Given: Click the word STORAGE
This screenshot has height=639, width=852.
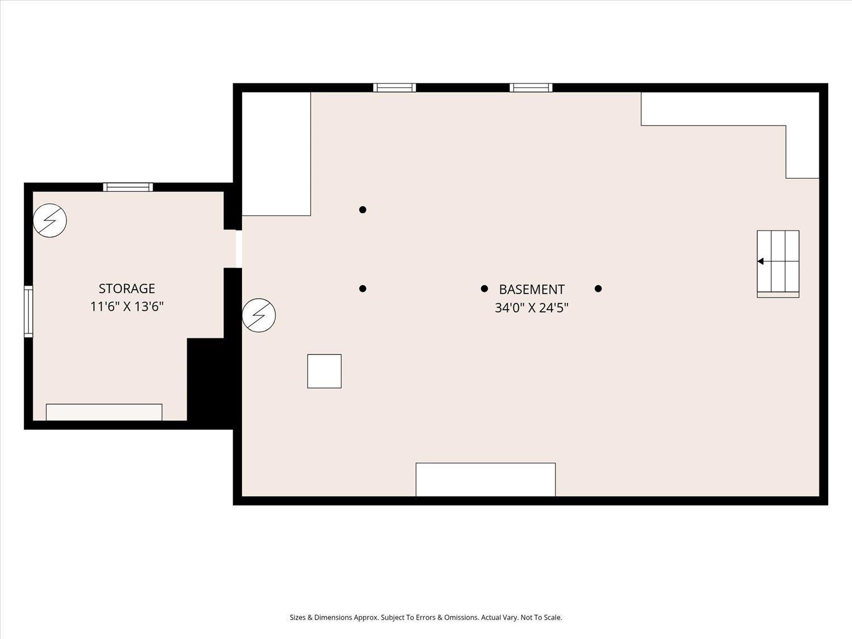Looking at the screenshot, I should click(x=127, y=289).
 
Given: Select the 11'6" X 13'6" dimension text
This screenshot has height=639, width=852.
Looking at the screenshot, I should click(x=127, y=307).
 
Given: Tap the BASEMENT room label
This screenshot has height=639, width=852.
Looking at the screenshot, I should click(x=532, y=290).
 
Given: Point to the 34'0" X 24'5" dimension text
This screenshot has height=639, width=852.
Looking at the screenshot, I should click(x=532, y=308).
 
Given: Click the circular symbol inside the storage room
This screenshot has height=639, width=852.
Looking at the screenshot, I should click(x=50, y=220).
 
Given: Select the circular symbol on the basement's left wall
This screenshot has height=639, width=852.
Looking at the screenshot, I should click(x=259, y=315).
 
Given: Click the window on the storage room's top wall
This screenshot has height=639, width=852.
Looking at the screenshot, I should click(x=128, y=187).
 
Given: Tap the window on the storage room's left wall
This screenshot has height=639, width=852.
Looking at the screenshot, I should click(x=28, y=312).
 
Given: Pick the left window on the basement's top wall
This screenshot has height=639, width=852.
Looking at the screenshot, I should click(x=394, y=87).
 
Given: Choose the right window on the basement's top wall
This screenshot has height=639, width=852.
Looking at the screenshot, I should click(x=531, y=87).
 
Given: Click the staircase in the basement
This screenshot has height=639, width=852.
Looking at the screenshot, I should click(x=778, y=263).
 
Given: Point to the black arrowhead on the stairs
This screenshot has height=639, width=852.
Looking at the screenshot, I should click(x=761, y=261).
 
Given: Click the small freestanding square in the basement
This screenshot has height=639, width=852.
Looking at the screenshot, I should click(x=324, y=371).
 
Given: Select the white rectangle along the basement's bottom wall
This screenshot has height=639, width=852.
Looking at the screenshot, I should click(x=486, y=479).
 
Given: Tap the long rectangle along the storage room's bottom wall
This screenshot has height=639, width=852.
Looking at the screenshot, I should click(x=104, y=412).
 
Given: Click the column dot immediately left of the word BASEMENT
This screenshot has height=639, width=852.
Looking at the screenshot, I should click(x=485, y=289).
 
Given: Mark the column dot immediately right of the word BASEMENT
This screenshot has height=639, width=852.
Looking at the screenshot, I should click(x=598, y=289).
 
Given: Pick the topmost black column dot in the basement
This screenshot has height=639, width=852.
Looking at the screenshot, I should click(x=363, y=210).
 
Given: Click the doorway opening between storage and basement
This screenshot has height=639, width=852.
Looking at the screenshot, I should click(x=239, y=249).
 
